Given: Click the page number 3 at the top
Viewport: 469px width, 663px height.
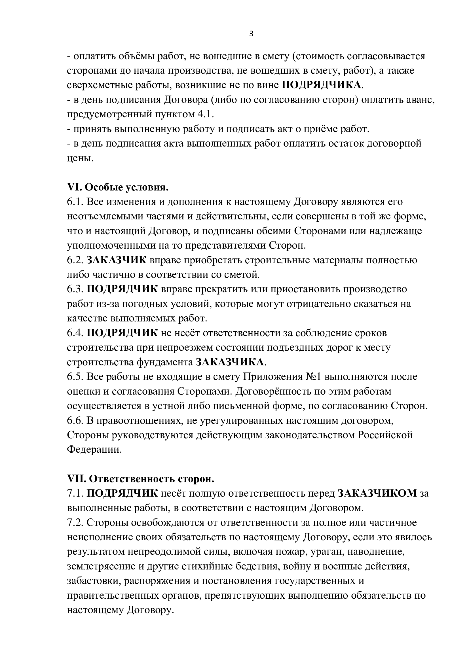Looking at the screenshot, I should (251, 34).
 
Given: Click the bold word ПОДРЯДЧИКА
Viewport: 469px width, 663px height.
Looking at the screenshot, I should (322, 85).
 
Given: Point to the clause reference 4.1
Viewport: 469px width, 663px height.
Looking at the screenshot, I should (205, 114).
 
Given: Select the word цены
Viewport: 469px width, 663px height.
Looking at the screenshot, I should (80, 158).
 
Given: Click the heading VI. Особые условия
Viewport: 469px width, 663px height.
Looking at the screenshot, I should (118, 187).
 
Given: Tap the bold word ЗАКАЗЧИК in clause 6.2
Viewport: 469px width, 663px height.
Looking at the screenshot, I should (116, 260).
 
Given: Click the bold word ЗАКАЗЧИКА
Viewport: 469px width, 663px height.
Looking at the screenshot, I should (230, 362).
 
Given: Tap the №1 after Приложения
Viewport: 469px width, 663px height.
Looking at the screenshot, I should (314, 376).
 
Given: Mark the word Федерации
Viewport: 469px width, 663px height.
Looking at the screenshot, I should (94, 449).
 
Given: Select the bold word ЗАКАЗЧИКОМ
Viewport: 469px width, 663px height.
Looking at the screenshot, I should (377, 493).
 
